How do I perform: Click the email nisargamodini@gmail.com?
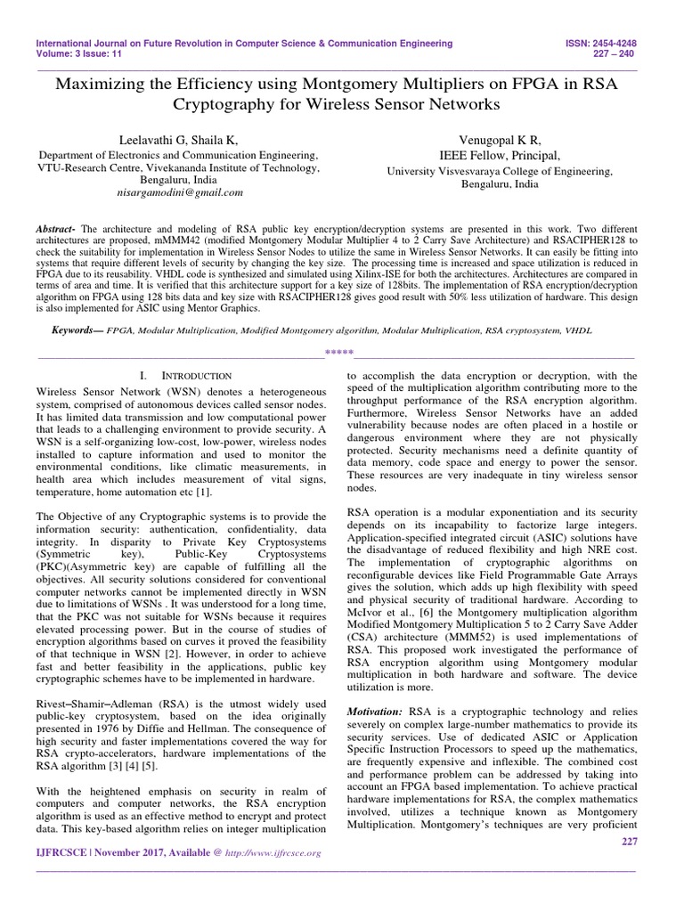click(180, 191)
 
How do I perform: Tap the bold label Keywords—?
click(77, 330)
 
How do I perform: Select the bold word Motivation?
click(373, 712)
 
